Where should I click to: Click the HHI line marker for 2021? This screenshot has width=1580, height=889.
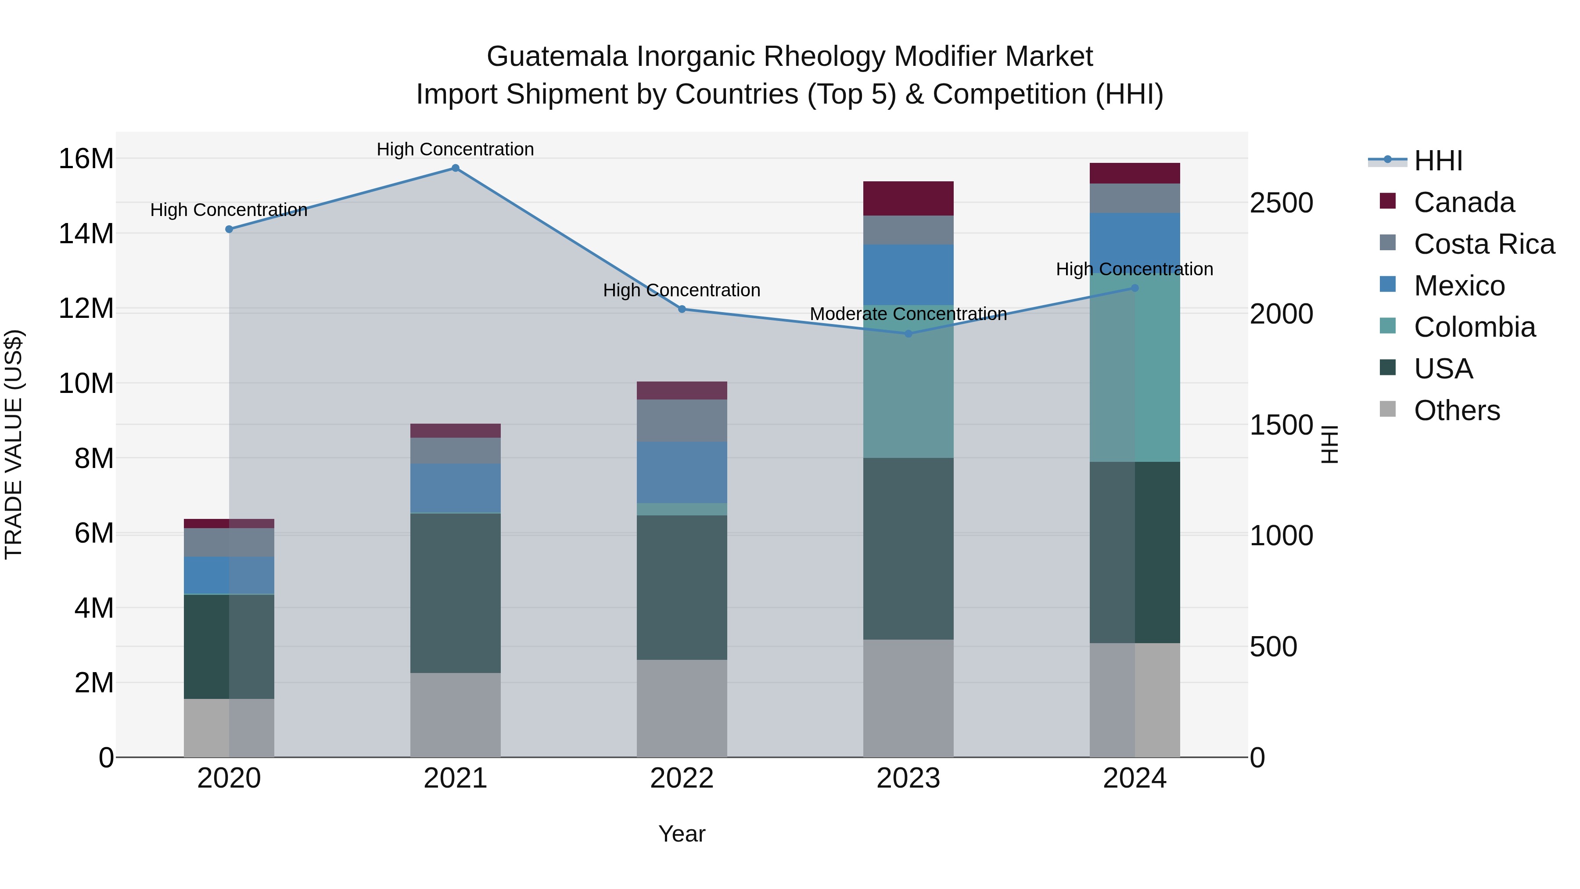tap(455, 168)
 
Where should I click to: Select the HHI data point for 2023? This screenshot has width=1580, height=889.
tap(908, 334)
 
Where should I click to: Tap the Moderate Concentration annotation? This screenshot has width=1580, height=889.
tap(908, 314)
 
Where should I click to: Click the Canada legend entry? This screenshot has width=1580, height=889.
tap(1463, 202)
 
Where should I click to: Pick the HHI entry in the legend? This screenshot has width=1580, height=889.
tap(1438, 161)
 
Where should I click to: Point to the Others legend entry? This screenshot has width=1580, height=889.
tap(1456, 410)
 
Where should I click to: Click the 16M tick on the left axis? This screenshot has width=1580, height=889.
tap(86, 159)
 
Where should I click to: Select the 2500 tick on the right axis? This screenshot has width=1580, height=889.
tap(1281, 203)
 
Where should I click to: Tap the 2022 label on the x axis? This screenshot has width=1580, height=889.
tap(682, 778)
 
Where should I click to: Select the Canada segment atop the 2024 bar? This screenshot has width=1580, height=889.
tap(1135, 173)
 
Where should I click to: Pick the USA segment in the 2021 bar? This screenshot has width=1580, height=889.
tap(455, 593)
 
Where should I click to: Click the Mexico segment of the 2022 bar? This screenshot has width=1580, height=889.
tap(682, 472)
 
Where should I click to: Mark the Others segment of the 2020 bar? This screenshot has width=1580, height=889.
tap(229, 727)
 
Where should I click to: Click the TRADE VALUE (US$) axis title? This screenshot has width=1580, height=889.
tap(14, 444)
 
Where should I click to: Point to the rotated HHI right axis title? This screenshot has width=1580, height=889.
tap(1329, 444)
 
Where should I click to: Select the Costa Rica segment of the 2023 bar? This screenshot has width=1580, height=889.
tap(908, 230)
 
